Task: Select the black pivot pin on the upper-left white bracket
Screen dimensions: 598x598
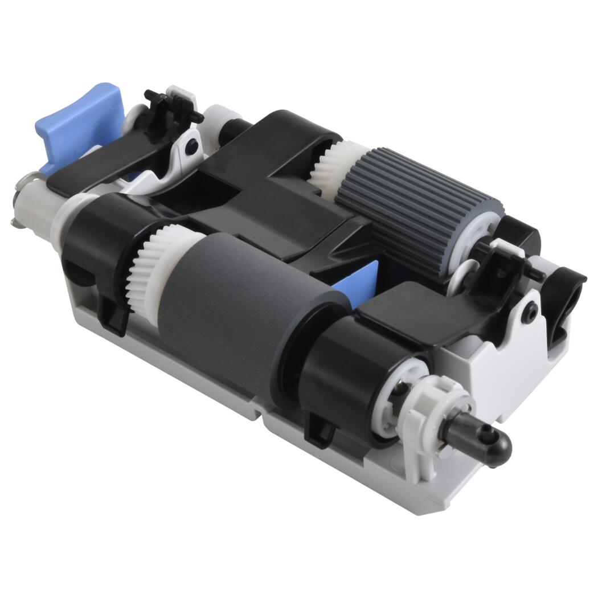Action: pyautogui.click(x=194, y=145)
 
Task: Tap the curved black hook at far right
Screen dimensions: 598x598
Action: pyautogui.click(x=564, y=296)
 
